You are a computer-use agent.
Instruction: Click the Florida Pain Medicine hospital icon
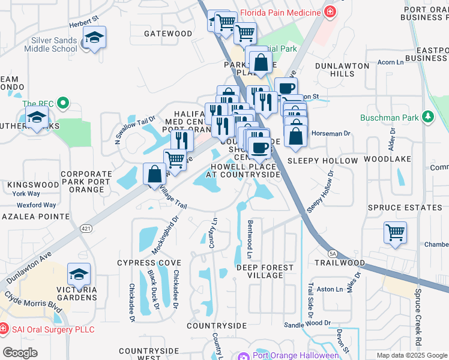[329, 11]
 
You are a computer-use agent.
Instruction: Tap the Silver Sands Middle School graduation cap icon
[94, 37]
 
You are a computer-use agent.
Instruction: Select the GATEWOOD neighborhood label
[167, 34]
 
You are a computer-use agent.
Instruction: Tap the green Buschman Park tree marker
[427, 117]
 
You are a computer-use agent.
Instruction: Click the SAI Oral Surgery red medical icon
[4, 329]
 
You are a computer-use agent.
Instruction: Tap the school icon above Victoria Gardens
[79, 274]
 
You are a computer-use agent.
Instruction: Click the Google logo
[20, 353]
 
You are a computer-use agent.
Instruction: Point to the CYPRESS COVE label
[149, 263]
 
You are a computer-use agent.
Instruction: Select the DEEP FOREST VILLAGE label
[265, 271]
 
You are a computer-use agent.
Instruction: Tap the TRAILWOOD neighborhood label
[339, 263]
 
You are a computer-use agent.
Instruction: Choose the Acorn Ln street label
[390, 62]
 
